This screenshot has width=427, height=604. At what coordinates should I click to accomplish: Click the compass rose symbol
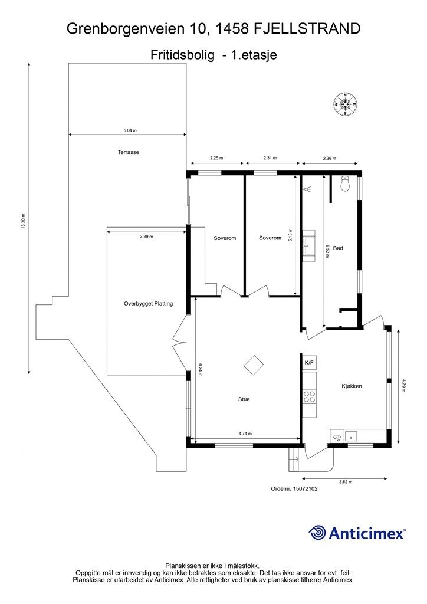[x=345, y=104]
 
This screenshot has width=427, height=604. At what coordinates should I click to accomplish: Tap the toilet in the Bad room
[x=345, y=183]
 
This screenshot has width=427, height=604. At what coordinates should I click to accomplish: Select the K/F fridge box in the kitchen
[x=309, y=363]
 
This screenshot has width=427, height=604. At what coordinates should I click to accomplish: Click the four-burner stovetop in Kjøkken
[x=309, y=396]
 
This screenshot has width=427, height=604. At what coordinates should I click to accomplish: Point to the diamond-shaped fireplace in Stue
[x=254, y=365]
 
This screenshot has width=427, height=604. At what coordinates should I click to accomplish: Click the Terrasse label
[x=128, y=152]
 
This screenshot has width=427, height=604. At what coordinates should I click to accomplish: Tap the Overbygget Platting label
[x=148, y=304]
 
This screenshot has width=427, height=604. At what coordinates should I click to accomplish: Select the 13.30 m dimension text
[x=23, y=221]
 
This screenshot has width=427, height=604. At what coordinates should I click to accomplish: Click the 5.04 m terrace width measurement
[x=130, y=130]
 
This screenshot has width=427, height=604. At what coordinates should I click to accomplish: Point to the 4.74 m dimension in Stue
[x=245, y=434]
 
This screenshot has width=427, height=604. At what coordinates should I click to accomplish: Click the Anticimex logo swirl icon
[x=317, y=533]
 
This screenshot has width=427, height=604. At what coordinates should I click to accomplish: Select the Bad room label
[x=338, y=248]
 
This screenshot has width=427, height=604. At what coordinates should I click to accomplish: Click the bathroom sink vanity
[x=308, y=246]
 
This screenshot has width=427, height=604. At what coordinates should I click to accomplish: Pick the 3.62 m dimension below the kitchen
[x=346, y=481]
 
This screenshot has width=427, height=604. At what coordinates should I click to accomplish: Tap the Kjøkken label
[x=352, y=386]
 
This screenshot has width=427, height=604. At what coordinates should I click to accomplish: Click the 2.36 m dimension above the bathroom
[x=329, y=158]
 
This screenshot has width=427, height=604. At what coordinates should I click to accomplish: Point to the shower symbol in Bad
[x=308, y=189]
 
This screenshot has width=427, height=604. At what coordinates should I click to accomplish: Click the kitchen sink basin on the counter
[x=351, y=436]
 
